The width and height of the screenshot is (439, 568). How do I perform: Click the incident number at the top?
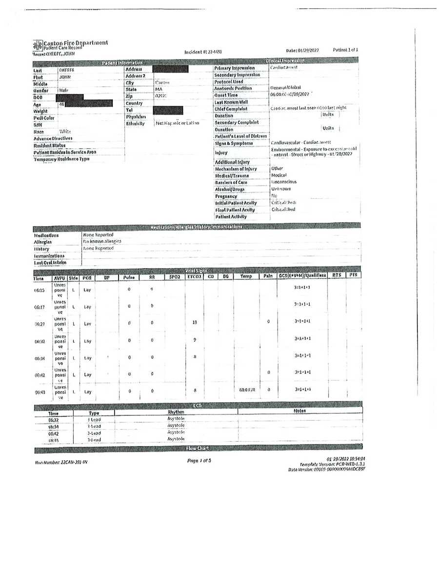[x=203, y=52]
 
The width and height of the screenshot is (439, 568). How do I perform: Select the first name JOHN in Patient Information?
[x=65, y=77]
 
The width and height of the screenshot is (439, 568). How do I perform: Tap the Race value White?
[x=65, y=132]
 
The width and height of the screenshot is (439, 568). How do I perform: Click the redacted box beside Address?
[x=170, y=69]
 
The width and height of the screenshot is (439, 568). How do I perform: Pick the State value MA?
[x=159, y=89]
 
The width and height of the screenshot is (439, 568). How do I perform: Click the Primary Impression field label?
[x=234, y=68]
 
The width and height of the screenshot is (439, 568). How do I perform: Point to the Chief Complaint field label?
[x=231, y=109]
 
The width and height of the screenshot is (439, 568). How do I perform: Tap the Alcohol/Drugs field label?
[x=229, y=189]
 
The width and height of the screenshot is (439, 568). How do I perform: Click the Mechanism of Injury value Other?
[x=277, y=169]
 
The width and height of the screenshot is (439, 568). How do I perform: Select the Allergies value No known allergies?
[x=102, y=241]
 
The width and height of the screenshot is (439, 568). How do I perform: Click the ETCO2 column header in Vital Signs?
[x=194, y=276]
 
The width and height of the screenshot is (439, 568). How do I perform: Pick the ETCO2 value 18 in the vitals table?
[x=195, y=322]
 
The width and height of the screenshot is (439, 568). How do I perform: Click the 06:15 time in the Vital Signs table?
[x=40, y=290]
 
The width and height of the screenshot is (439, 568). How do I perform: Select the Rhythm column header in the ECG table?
[x=175, y=412]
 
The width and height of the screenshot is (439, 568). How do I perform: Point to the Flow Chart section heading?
[x=197, y=448]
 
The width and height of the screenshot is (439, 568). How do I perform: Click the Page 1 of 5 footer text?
[x=199, y=460]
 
